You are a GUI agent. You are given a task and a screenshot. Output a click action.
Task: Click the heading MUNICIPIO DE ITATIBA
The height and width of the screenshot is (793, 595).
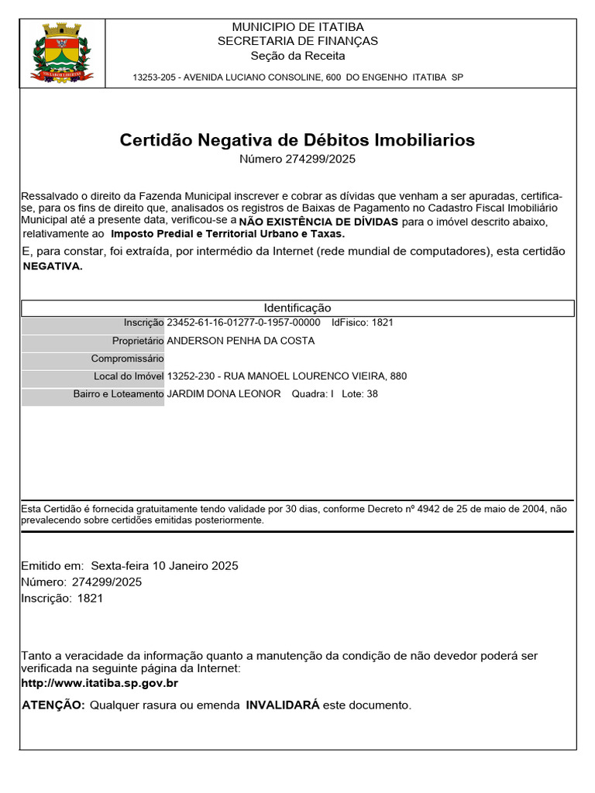297,27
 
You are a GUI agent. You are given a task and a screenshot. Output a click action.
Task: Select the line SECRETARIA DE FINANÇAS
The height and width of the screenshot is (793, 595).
297,41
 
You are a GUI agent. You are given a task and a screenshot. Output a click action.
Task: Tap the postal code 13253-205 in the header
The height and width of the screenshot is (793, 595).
152,77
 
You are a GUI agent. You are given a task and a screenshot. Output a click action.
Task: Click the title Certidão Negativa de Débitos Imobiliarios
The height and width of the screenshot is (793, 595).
297,140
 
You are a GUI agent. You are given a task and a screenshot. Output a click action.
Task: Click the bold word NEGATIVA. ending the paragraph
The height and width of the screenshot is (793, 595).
52,266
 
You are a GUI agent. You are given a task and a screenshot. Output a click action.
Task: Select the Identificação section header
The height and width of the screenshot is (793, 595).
297,308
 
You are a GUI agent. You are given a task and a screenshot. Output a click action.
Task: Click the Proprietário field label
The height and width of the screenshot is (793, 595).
138,341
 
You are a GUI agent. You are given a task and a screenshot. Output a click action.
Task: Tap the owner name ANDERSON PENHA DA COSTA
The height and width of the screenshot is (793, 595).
241,341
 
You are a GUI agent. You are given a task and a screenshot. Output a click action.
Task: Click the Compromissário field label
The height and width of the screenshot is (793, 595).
127,359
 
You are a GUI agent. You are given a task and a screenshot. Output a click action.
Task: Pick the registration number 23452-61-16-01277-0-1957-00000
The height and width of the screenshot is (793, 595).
243,323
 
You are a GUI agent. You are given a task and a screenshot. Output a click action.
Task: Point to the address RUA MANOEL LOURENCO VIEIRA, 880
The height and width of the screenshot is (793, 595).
315,376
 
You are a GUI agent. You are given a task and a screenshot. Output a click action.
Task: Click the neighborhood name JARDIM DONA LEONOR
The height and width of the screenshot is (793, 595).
224,394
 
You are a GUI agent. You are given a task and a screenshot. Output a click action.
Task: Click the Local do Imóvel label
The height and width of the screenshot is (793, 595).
129,376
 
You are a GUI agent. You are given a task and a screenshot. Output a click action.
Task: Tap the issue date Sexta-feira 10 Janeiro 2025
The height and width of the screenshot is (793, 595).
164,565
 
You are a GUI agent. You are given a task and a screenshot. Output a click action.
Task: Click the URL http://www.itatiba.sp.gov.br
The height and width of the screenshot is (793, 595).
100,683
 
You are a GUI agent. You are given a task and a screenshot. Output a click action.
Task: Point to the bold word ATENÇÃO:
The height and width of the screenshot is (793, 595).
53,705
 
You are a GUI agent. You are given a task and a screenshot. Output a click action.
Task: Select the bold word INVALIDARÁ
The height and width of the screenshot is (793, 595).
283,705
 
